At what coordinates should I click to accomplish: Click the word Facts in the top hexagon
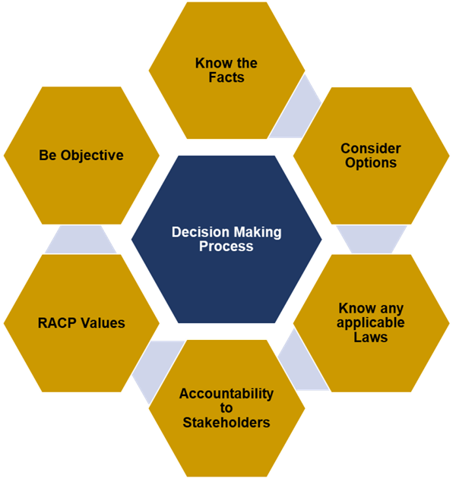click(x=226, y=77)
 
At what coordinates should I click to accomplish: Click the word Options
click(x=371, y=162)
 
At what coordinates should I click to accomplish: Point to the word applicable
click(x=371, y=322)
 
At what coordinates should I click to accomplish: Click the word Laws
click(x=371, y=337)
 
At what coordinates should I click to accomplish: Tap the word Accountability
click(x=226, y=394)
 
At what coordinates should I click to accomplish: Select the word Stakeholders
click(x=226, y=423)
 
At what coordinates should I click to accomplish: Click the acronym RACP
click(x=58, y=322)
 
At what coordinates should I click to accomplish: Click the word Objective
click(x=90, y=156)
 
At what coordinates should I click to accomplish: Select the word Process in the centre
click(x=226, y=247)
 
